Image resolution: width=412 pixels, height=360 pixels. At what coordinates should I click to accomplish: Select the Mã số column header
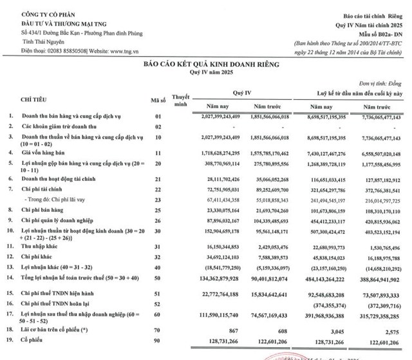coord(158,100)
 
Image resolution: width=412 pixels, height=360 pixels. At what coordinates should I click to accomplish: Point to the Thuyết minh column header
coord(182,100)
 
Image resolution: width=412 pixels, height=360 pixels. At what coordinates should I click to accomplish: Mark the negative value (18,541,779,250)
coord(222,248)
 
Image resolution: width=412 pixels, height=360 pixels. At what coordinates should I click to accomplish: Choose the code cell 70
coord(155,331)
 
